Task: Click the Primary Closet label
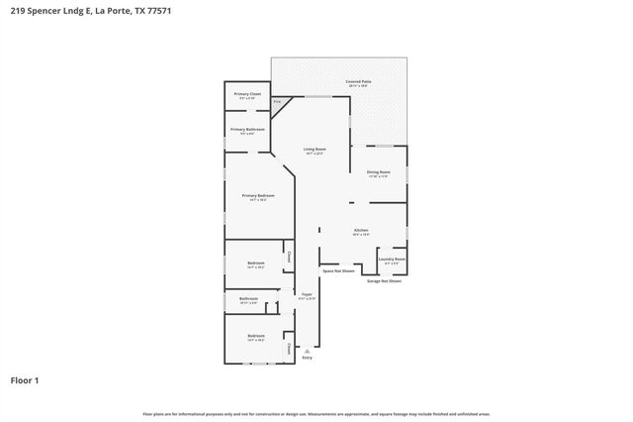(247, 94)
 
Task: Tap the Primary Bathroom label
(247, 130)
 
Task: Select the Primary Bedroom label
(258, 196)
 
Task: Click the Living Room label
(316, 150)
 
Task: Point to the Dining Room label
(379, 172)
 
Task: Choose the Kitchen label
(361, 231)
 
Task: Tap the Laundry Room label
(393, 260)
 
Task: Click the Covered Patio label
(358, 82)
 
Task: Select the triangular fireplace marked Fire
(278, 102)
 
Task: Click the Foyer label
(307, 294)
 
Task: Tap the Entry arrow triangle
(307, 350)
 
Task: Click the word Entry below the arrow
(307, 358)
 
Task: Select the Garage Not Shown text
(384, 281)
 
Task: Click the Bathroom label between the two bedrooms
(247, 299)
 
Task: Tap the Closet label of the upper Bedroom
(289, 257)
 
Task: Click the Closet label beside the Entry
(289, 348)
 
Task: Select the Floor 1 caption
(24, 379)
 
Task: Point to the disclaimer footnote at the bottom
(316, 413)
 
